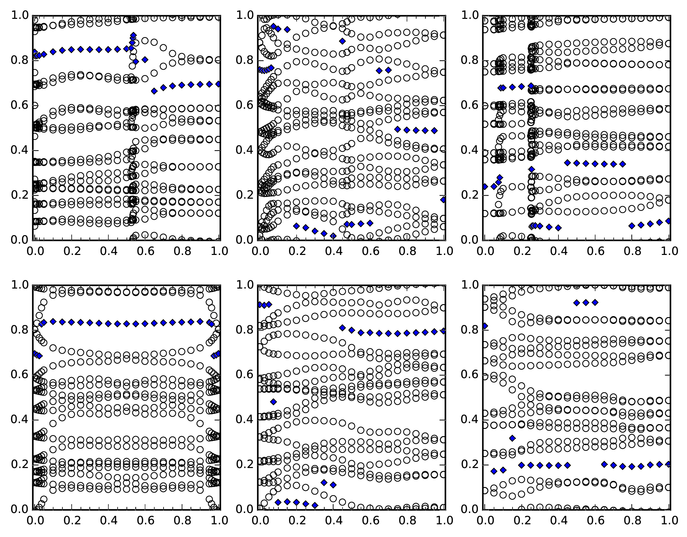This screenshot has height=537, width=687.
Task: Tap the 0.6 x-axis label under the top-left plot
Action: (x=146, y=251)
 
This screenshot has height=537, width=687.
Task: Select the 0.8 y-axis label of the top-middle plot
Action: (x=244, y=60)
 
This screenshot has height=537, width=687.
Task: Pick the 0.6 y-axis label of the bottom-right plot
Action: (x=469, y=374)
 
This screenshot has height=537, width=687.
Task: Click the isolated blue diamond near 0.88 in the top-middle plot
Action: (x=342, y=41)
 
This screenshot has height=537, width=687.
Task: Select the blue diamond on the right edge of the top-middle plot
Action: (x=443, y=199)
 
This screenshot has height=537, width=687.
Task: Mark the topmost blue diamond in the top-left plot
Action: (x=133, y=35)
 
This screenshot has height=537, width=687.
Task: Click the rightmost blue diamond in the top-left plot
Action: (x=218, y=84)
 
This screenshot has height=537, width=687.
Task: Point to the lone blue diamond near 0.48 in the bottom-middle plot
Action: (x=273, y=401)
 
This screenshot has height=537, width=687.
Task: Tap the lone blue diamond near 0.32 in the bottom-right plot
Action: (x=513, y=438)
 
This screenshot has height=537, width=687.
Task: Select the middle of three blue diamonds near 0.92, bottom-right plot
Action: (x=586, y=302)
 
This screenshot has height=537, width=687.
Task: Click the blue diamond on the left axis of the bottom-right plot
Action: (x=485, y=326)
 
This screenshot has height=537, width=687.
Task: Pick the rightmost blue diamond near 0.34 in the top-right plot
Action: (x=623, y=164)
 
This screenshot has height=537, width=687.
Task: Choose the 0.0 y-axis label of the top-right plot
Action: (x=469, y=240)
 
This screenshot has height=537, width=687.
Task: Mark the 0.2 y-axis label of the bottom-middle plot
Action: (x=244, y=464)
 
